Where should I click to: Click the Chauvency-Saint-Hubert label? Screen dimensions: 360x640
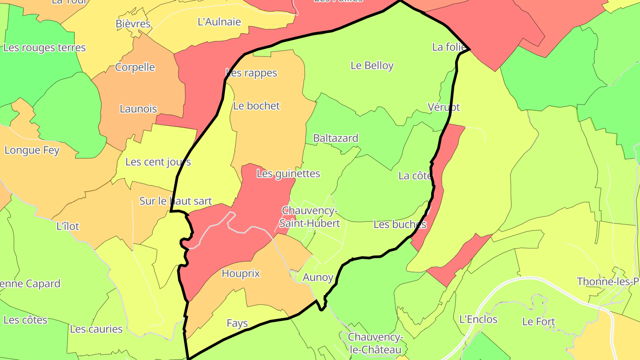(x=311, y=216)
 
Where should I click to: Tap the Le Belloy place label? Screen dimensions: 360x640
(x=372, y=66)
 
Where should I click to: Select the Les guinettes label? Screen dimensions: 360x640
(x=288, y=174)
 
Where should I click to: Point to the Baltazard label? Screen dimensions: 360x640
(x=336, y=138)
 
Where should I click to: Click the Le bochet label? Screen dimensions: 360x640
(x=256, y=106)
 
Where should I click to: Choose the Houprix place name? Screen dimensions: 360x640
(x=240, y=274)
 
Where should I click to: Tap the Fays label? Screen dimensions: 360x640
(x=237, y=324)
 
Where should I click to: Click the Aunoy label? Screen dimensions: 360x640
(x=318, y=278)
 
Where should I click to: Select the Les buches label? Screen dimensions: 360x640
(x=400, y=224)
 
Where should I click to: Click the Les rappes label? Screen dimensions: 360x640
(x=251, y=73)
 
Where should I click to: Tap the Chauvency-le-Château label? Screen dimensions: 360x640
(x=375, y=344)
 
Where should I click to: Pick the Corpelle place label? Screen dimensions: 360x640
(x=135, y=68)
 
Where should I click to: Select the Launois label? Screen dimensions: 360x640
(x=138, y=109)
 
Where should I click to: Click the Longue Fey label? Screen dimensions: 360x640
(x=32, y=151)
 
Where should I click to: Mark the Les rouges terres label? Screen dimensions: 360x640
(x=44, y=48)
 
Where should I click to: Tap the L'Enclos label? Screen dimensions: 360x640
(x=478, y=320)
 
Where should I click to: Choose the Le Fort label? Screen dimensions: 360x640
(x=539, y=322)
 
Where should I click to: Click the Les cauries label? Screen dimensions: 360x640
(x=96, y=329)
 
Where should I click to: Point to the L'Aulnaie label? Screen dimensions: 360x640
(x=219, y=22)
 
